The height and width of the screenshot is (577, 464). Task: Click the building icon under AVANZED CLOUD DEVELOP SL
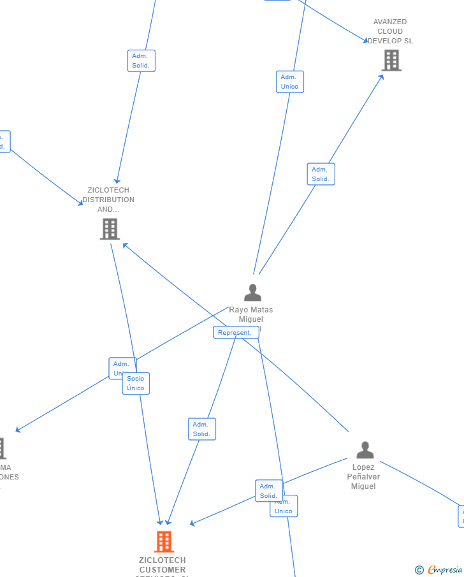coord(391,61)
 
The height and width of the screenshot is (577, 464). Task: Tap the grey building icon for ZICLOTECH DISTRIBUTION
coord(110,229)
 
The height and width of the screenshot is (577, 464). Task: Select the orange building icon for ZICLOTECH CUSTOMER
coord(164,542)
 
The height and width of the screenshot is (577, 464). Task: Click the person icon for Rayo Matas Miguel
coord(252,293)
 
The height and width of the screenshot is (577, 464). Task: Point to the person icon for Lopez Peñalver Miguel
coord(365,450)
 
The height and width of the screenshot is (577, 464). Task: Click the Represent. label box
coord(235,333)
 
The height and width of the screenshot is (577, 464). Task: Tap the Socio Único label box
coord(136,383)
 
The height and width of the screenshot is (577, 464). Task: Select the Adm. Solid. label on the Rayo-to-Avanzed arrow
coord(321,174)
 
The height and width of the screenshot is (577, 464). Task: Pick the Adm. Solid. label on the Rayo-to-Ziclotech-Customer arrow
coord(201,429)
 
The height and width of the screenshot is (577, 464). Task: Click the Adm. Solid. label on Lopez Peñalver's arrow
coord(268,490)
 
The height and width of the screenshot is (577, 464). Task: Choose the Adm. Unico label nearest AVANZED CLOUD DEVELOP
coord(289,82)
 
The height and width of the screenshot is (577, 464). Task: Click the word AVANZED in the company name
coord(390,22)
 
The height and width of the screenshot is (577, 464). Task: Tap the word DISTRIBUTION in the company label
coord(108,200)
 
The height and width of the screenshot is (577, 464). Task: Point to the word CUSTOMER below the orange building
coord(163,570)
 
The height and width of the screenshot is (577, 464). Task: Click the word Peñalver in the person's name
coord(363,477)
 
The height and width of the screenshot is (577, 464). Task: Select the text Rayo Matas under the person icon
coord(251,310)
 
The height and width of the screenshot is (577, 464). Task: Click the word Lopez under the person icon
coord(363,467)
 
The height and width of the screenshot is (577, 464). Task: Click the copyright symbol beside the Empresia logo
coord(419,570)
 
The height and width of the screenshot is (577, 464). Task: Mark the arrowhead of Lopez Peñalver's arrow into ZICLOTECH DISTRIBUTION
coord(124,244)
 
